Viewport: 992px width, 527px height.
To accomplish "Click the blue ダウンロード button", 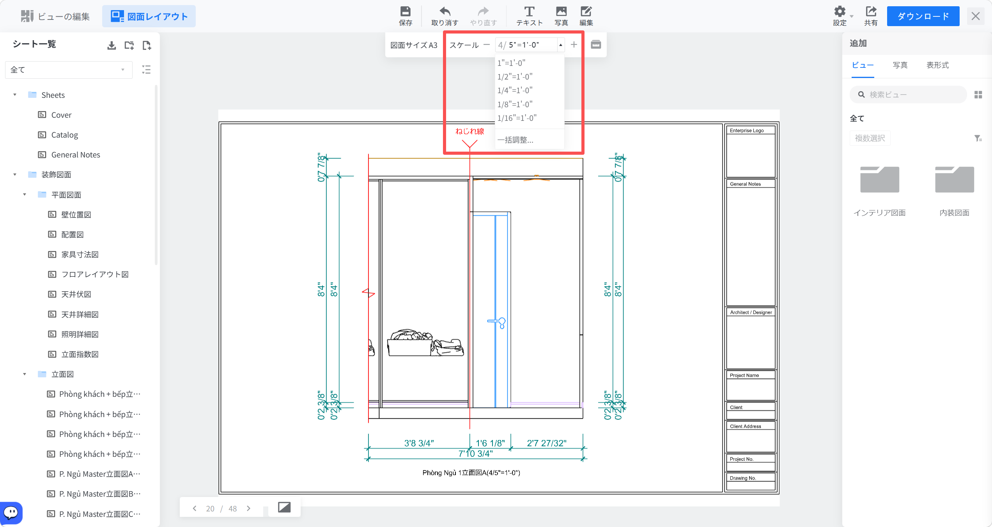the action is click(x=923, y=16).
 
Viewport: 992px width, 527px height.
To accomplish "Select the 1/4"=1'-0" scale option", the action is click(x=515, y=90).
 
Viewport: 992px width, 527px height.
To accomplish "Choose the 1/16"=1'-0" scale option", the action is click(x=517, y=118).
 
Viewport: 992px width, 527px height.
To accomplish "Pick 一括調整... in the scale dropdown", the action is click(x=515, y=140).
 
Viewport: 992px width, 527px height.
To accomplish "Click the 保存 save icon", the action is click(x=406, y=11).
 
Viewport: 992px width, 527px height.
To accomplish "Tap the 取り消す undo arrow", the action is click(x=445, y=11).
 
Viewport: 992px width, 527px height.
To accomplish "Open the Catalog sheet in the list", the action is click(x=64, y=135).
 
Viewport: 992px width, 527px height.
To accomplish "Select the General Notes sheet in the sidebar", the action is click(x=76, y=155).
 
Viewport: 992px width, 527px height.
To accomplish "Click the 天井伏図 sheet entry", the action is click(x=76, y=294).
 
